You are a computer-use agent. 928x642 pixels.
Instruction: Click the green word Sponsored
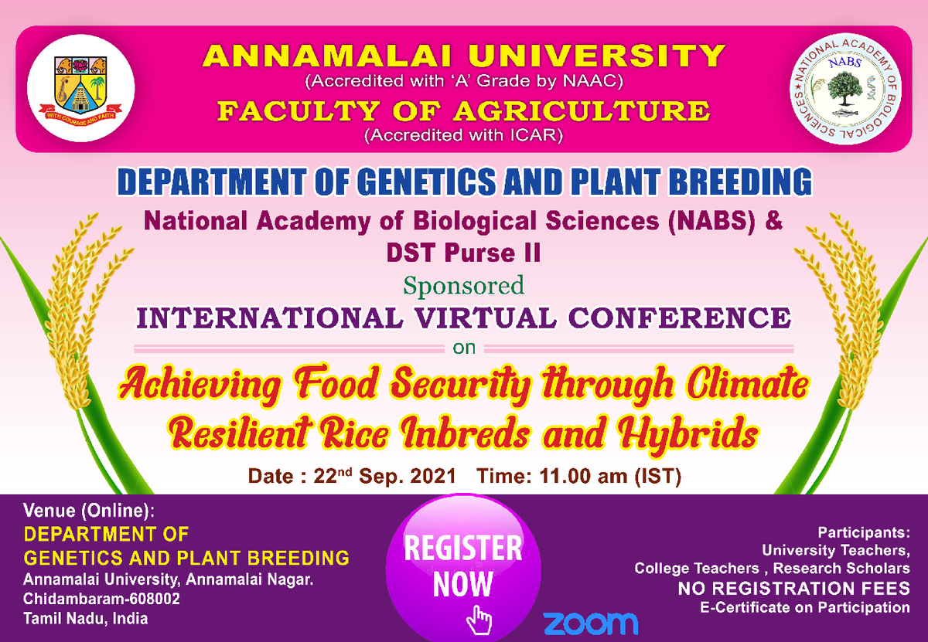(463, 286)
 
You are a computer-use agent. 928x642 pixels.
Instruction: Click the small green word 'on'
(464, 348)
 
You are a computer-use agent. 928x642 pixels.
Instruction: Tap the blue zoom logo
(590, 623)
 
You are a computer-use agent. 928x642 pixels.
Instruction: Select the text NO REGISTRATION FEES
(794, 589)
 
